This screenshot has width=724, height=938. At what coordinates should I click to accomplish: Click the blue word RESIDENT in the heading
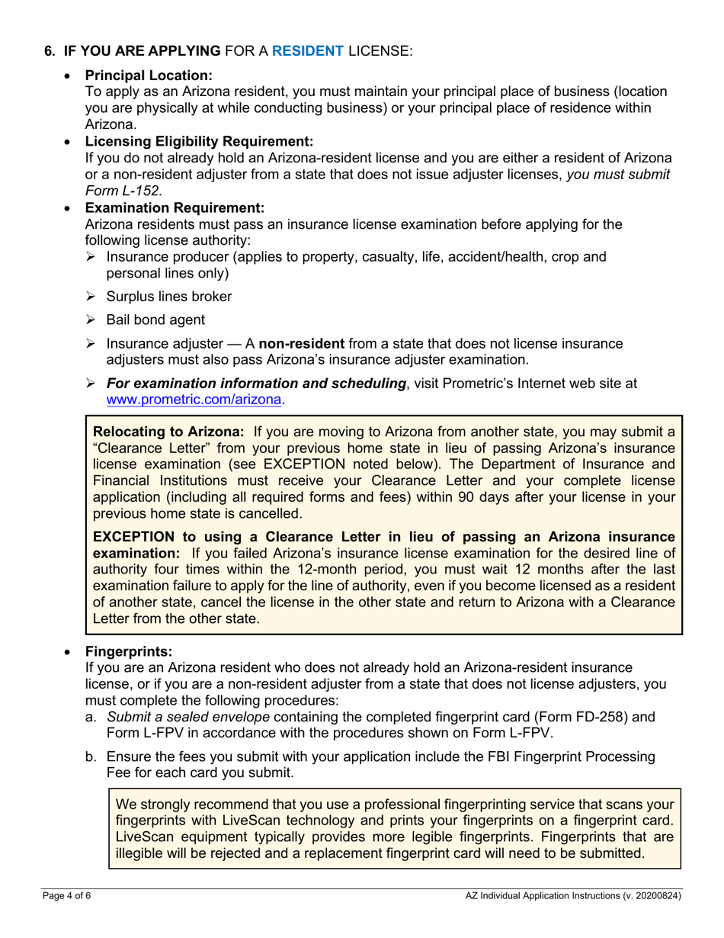(x=308, y=51)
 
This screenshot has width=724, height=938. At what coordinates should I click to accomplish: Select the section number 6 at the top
(x=50, y=51)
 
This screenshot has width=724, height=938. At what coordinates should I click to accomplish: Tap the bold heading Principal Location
(x=149, y=75)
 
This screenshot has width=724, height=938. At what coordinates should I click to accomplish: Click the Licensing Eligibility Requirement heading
(x=199, y=141)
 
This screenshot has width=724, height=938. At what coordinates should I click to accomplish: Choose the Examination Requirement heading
(x=175, y=207)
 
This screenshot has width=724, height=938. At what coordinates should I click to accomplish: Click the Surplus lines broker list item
(x=169, y=296)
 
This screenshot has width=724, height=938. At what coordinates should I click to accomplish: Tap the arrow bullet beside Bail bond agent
(x=92, y=320)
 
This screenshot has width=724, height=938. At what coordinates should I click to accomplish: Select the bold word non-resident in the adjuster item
(x=302, y=344)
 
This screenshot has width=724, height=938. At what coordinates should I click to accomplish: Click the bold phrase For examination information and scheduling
(x=256, y=384)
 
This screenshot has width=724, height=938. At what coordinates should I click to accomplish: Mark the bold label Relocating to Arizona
(x=168, y=432)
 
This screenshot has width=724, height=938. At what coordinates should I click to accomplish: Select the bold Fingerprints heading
(x=129, y=652)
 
